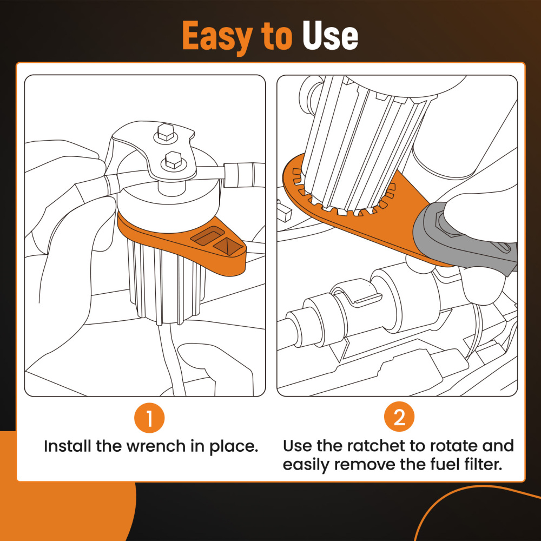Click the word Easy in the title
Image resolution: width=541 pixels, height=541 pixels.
tap(217, 36)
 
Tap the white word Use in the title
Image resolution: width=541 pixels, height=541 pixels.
tap(330, 35)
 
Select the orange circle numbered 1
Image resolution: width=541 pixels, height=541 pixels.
tap(149, 418)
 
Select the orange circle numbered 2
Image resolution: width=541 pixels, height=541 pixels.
tap(399, 417)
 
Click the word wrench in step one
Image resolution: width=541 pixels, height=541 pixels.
tap(156, 446)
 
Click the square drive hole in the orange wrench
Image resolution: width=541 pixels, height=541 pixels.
tap(227, 246)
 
